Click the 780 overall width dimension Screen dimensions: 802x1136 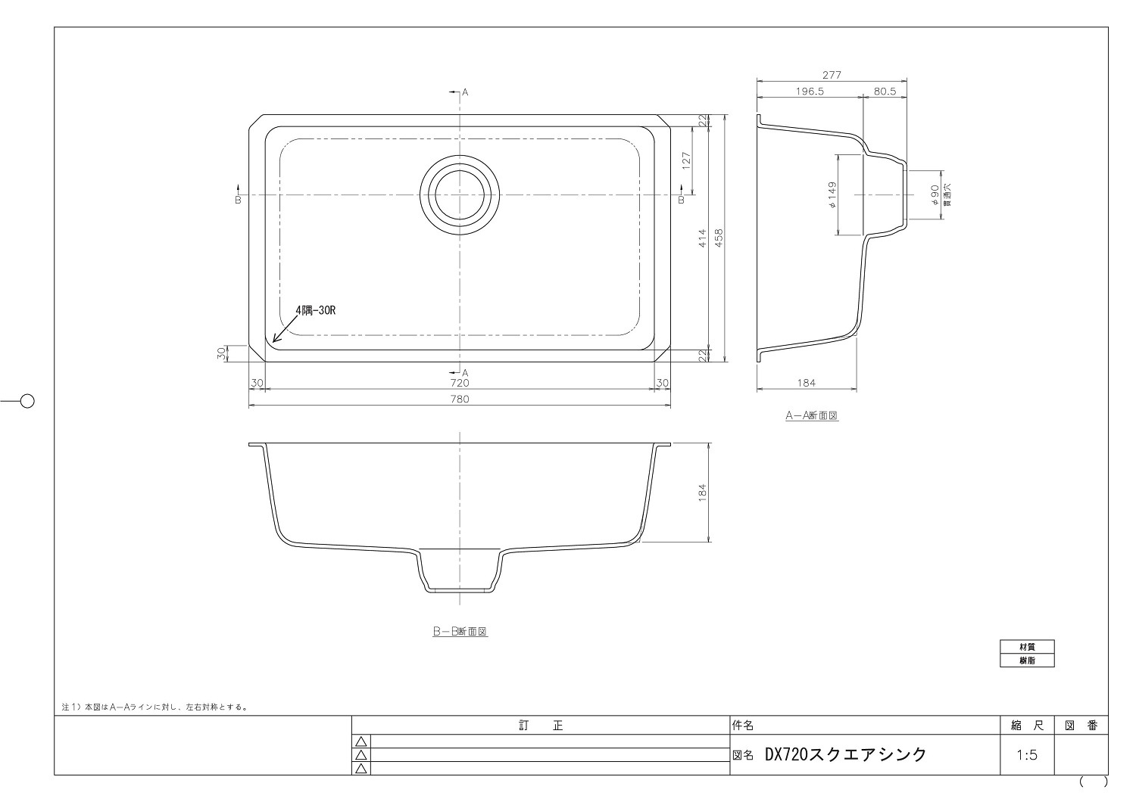tap(460, 399)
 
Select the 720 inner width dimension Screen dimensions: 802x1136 tap(460, 384)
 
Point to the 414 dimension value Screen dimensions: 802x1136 tap(702, 238)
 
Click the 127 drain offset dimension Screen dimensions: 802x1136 tap(686, 161)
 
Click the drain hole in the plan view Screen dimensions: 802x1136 tap(459, 195)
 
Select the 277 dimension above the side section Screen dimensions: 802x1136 tap(832, 75)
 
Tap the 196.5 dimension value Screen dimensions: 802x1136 tap(809, 91)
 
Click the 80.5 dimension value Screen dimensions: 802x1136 tap(885, 91)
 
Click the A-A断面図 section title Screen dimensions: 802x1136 tap(812, 415)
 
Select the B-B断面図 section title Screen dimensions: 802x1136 tap(459, 631)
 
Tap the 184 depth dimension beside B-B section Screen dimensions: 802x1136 tap(702, 493)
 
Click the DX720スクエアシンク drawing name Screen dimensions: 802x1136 tap(845, 754)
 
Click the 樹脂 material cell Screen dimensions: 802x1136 tap(1026, 661)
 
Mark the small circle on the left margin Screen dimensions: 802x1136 tap(27, 401)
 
